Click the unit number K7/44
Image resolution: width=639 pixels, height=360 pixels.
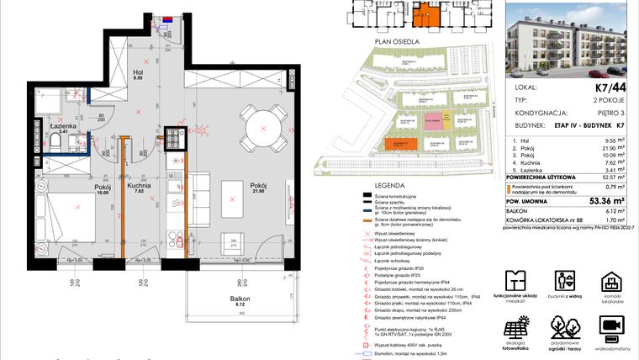[x=610, y=87]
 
